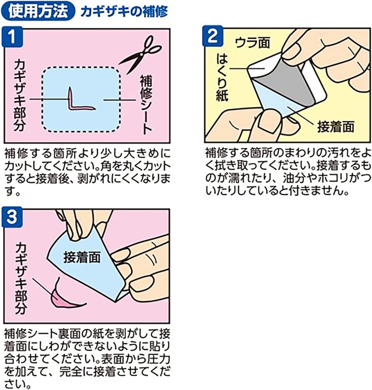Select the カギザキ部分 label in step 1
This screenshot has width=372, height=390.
20,96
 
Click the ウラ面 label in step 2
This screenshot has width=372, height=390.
252,43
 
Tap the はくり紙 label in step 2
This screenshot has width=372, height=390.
222,78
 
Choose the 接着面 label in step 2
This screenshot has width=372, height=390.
336,127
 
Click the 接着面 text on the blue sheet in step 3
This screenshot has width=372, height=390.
82,258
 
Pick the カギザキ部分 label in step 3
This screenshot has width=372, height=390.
21,278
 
